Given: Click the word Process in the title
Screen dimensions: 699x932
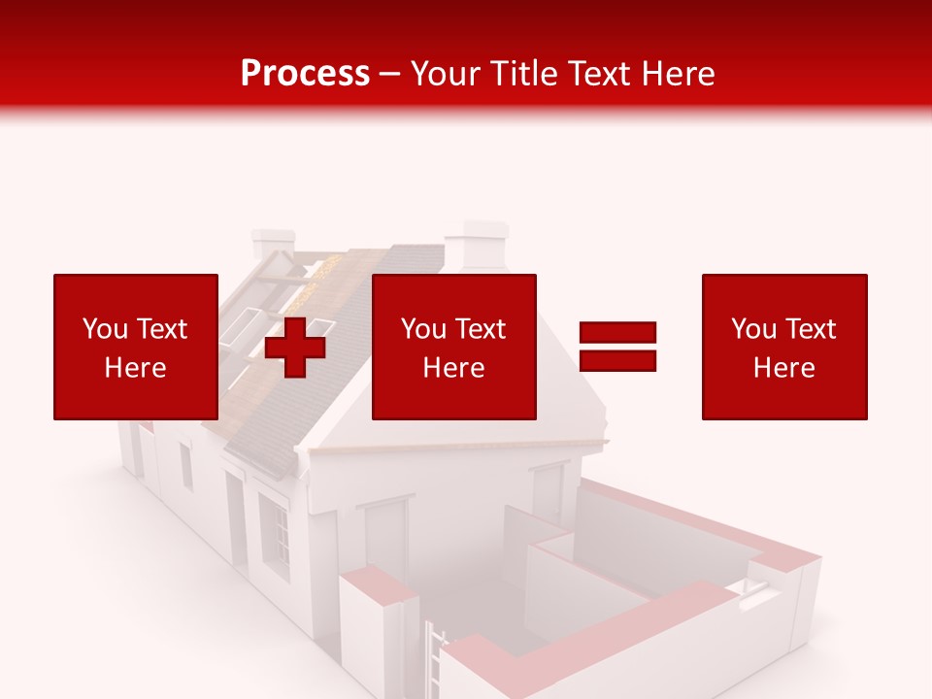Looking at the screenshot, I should tap(305, 73).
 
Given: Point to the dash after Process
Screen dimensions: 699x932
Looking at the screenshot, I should tap(390, 74).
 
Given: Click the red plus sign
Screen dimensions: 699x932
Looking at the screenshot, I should tap(295, 347).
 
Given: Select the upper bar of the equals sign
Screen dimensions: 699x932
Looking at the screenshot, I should tap(617, 332).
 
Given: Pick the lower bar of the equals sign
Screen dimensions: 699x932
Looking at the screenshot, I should tap(617, 360).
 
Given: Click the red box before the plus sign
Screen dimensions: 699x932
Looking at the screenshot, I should tap(135, 347).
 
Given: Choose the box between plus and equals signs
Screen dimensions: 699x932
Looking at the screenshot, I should tap(453, 347).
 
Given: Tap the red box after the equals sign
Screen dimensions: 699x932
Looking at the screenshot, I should tap(783, 347).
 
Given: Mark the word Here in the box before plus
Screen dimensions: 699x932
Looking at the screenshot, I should tap(135, 368).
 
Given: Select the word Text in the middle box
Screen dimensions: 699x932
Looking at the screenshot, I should tap(481, 329).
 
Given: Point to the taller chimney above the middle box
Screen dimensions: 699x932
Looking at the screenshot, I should tap(483, 245).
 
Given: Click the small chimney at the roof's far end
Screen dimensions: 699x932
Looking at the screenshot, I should tap(273, 243).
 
